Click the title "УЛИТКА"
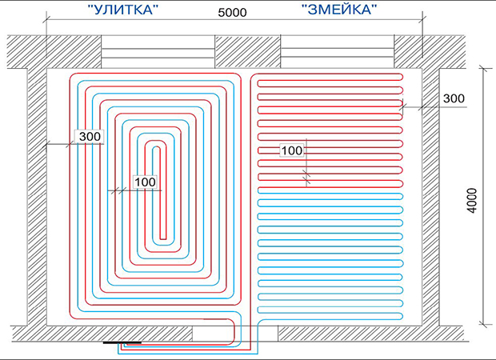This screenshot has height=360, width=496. click(122, 10)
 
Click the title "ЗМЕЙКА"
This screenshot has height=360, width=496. click(339, 9)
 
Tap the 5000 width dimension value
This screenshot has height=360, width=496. click(232, 12)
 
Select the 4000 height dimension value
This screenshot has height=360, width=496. click(472, 201)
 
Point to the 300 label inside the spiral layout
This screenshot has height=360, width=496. click(90, 136)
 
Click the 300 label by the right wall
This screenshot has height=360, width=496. click(454, 98)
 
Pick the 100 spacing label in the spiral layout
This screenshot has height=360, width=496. click(145, 182)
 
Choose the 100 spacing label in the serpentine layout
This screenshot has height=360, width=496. click(292, 150)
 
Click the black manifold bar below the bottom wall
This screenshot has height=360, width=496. click(122, 342)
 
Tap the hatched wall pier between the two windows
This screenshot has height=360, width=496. click(248, 51)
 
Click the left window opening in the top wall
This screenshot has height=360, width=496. click(158, 51)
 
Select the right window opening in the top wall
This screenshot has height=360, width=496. click(338, 51)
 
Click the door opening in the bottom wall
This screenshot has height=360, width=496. click(235, 334)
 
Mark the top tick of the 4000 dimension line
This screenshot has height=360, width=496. click(483, 68)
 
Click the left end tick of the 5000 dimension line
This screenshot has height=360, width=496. click(47, 19)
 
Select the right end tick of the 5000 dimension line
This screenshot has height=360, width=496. click(422, 19)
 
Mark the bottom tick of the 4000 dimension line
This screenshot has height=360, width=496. click(483, 324)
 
